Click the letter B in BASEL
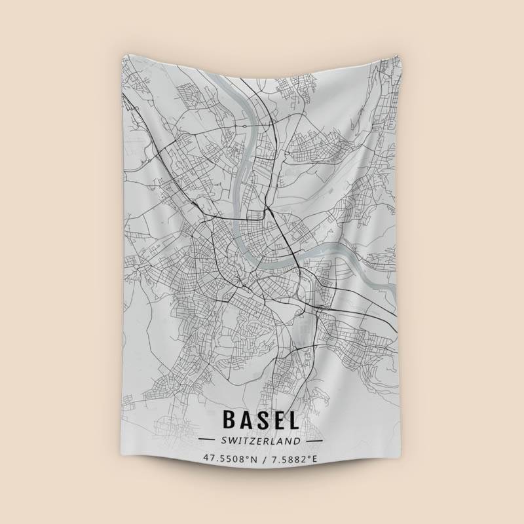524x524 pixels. (230, 420)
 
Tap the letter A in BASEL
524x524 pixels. (248, 420)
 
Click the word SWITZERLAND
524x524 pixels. (260, 440)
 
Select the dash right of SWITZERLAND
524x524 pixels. (313, 440)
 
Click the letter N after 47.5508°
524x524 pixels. (253, 458)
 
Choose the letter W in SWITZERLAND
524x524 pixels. (231, 440)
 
